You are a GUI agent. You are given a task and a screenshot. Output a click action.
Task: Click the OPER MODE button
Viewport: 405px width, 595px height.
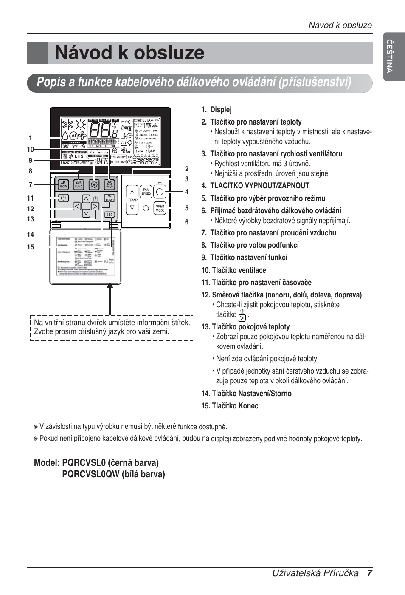(160, 208)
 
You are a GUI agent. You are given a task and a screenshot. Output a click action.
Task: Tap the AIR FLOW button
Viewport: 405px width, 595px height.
(63, 185)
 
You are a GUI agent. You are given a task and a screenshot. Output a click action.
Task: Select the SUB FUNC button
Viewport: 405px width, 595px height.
(79, 185)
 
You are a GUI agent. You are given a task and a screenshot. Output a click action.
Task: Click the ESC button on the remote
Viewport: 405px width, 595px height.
(109, 215)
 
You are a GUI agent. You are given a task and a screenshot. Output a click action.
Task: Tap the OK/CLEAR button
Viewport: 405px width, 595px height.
(110, 198)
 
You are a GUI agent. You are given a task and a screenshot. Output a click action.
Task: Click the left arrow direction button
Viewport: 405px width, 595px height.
(77, 207)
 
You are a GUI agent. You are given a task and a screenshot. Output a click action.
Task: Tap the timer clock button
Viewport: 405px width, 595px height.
(63, 198)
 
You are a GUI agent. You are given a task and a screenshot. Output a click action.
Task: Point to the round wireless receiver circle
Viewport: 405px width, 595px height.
(146, 208)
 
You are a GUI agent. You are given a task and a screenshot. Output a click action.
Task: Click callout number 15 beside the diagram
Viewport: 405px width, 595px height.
(31, 247)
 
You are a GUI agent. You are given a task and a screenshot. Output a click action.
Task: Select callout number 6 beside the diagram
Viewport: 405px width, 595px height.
(186, 222)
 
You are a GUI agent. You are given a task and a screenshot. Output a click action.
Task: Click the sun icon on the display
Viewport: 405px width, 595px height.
(80, 125)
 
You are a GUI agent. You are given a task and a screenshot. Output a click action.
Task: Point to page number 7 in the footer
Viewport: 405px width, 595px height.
(369, 573)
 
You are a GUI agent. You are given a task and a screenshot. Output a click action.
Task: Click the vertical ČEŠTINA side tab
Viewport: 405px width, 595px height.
(389, 56)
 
